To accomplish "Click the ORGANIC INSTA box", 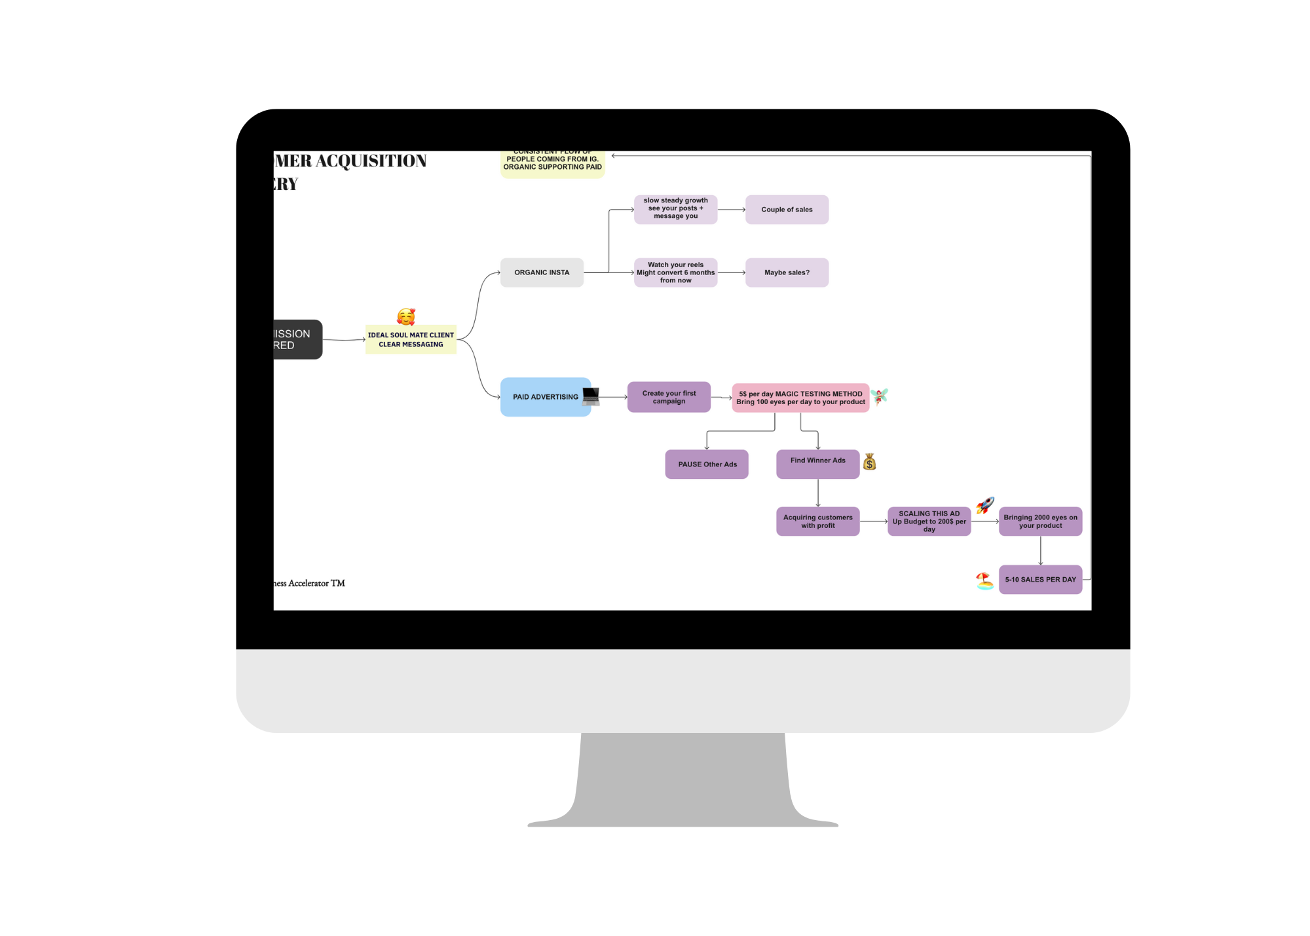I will tap(542, 272).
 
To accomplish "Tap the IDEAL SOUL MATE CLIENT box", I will tap(411, 340).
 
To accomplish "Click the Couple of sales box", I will tap(787, 210).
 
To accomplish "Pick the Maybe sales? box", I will tap(787, 272).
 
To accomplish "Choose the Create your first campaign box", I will tap(669, 397).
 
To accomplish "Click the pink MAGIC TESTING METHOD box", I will tap(800, 398).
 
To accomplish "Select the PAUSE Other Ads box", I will tap(707, 464).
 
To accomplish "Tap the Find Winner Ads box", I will tap(817, 464).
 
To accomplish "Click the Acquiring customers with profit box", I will tap(817, 521).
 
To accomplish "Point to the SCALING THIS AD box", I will tap(929, 521).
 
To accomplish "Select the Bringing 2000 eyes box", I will tap(1040, 521).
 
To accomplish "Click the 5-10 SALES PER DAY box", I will tap(1040, 580).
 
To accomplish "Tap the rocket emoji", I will tap(985, 505).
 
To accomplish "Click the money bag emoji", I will tap(869, 462).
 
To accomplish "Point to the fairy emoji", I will tap(879, 396).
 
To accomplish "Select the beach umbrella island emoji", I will tap(984, 581).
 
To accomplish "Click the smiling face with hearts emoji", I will tap(406, 317).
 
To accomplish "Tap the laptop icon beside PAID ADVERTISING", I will tap(591, 396).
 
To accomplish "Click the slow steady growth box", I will tap(675, 209).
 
